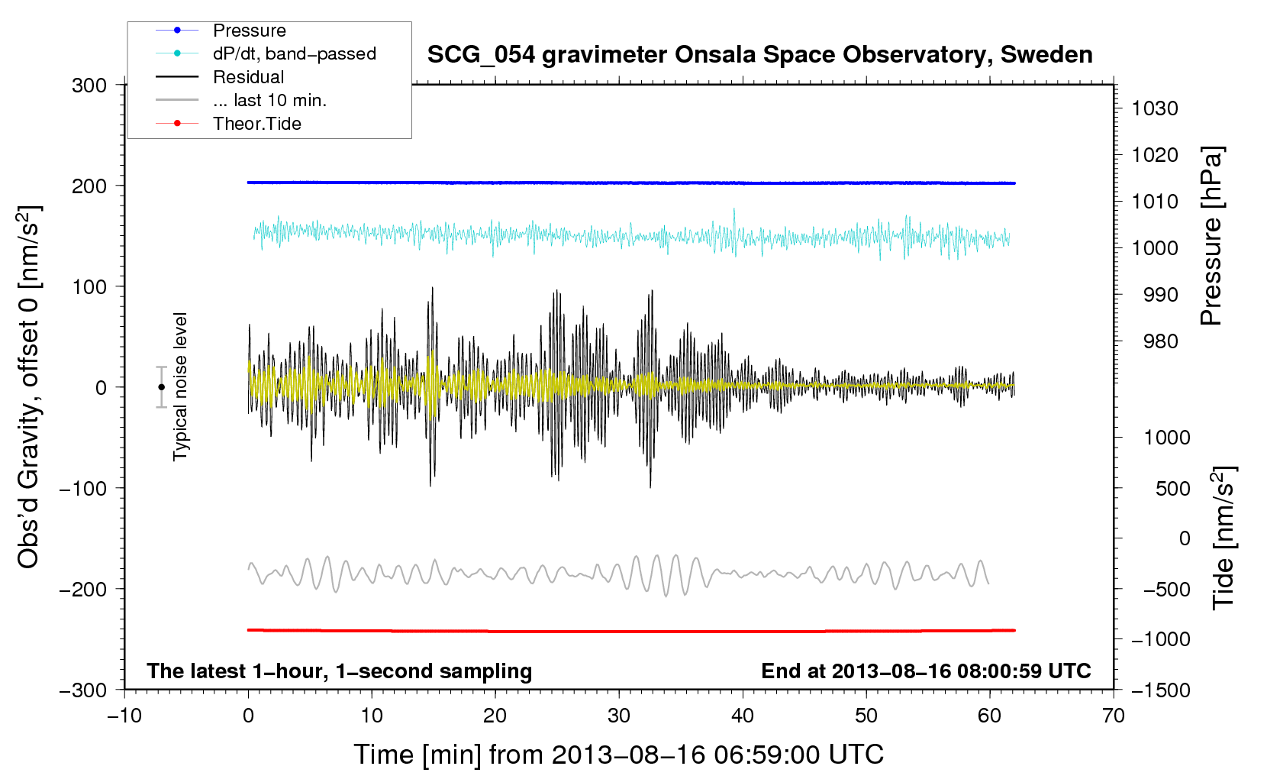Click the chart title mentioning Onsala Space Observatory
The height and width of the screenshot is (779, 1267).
coord(759,55)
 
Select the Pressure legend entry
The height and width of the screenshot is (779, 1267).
coord(250,31)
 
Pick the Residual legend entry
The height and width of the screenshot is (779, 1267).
coord(248,77)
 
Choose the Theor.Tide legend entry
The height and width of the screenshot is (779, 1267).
coord(256,124)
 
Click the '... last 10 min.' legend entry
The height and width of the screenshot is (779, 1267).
coord(269,100)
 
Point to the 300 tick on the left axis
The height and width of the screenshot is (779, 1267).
coord(89,86)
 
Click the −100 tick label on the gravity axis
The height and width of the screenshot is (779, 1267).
coord(83,488)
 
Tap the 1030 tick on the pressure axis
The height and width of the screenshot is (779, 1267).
coord(1155,108)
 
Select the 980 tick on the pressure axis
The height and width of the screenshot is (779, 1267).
coord(1161,341)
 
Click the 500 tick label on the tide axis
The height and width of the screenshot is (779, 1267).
coord(1173,489)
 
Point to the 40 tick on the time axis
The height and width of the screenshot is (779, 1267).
coord(743,716)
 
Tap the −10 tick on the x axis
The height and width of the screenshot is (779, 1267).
coord(124,716)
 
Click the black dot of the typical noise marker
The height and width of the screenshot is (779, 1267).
coord(161,387)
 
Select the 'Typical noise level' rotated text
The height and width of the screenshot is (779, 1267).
coord(180,386)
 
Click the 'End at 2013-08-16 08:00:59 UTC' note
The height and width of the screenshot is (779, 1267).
coord(926,671)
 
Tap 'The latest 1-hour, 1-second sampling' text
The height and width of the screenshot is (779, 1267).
coord(340,671)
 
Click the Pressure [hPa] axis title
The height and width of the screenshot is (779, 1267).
coord(1211,236)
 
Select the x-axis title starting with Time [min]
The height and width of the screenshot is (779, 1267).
coord(619,755)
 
